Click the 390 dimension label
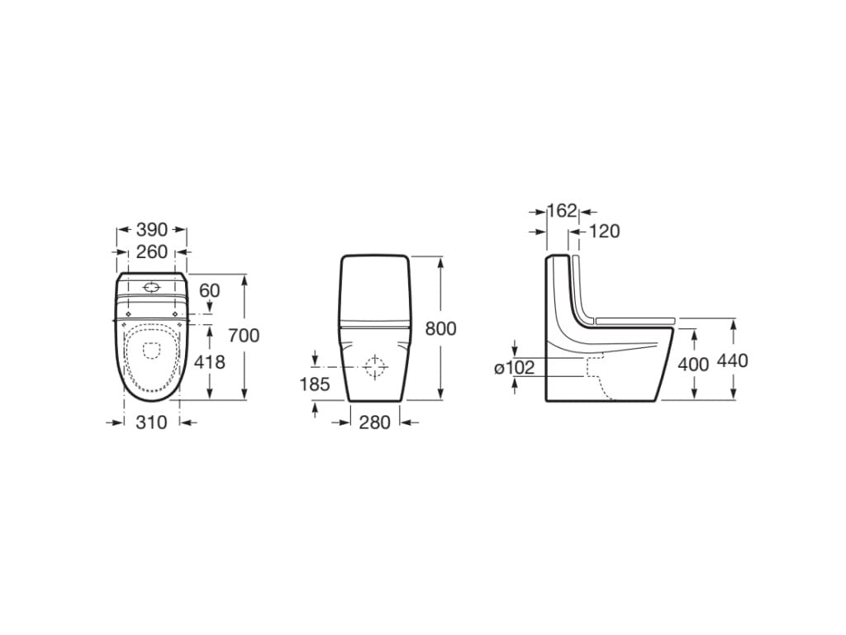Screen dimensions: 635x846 click(151, 229)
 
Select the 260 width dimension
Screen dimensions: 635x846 click(151, 251)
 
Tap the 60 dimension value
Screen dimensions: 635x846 click(210, 290)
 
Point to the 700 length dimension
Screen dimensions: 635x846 click(244, 335)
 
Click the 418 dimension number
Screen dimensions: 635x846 click(209, 362)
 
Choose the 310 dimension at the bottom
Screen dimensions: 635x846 click(151, 423)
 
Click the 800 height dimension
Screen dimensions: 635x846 click(440, 328)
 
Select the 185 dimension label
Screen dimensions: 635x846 click(316, 384)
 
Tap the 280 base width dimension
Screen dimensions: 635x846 click(375, 423)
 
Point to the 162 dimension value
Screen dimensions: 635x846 click(562, 211)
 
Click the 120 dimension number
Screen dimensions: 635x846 click(604, 232)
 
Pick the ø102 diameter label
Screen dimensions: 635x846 click(515, 368)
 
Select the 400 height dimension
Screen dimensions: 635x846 click(693, 365)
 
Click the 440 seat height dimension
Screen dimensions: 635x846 click(733, 360)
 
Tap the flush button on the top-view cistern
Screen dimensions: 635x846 click(151, 287)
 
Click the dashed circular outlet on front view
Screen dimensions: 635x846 click(375, 366)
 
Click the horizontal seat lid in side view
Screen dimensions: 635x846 click(634, 319)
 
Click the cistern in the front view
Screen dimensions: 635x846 click(375, 289)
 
